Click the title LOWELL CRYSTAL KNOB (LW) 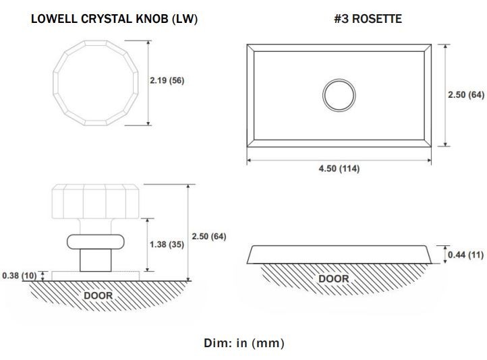click(114, 19)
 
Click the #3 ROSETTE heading click(368, 19)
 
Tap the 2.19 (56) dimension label click(167, 80)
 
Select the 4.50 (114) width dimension click(339, 169)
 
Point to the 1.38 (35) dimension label click(167, 245)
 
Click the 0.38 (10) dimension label click(20, 276)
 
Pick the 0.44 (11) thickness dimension click(465, 255)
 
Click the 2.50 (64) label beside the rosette click(466, 94)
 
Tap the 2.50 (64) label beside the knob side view click(208, 237)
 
